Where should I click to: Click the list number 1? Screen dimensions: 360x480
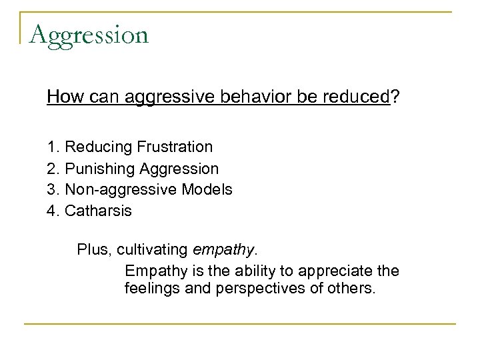[x=52, y=146]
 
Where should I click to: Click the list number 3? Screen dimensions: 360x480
[x=52, y=190]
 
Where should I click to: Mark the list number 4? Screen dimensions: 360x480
[x=52, y=212]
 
